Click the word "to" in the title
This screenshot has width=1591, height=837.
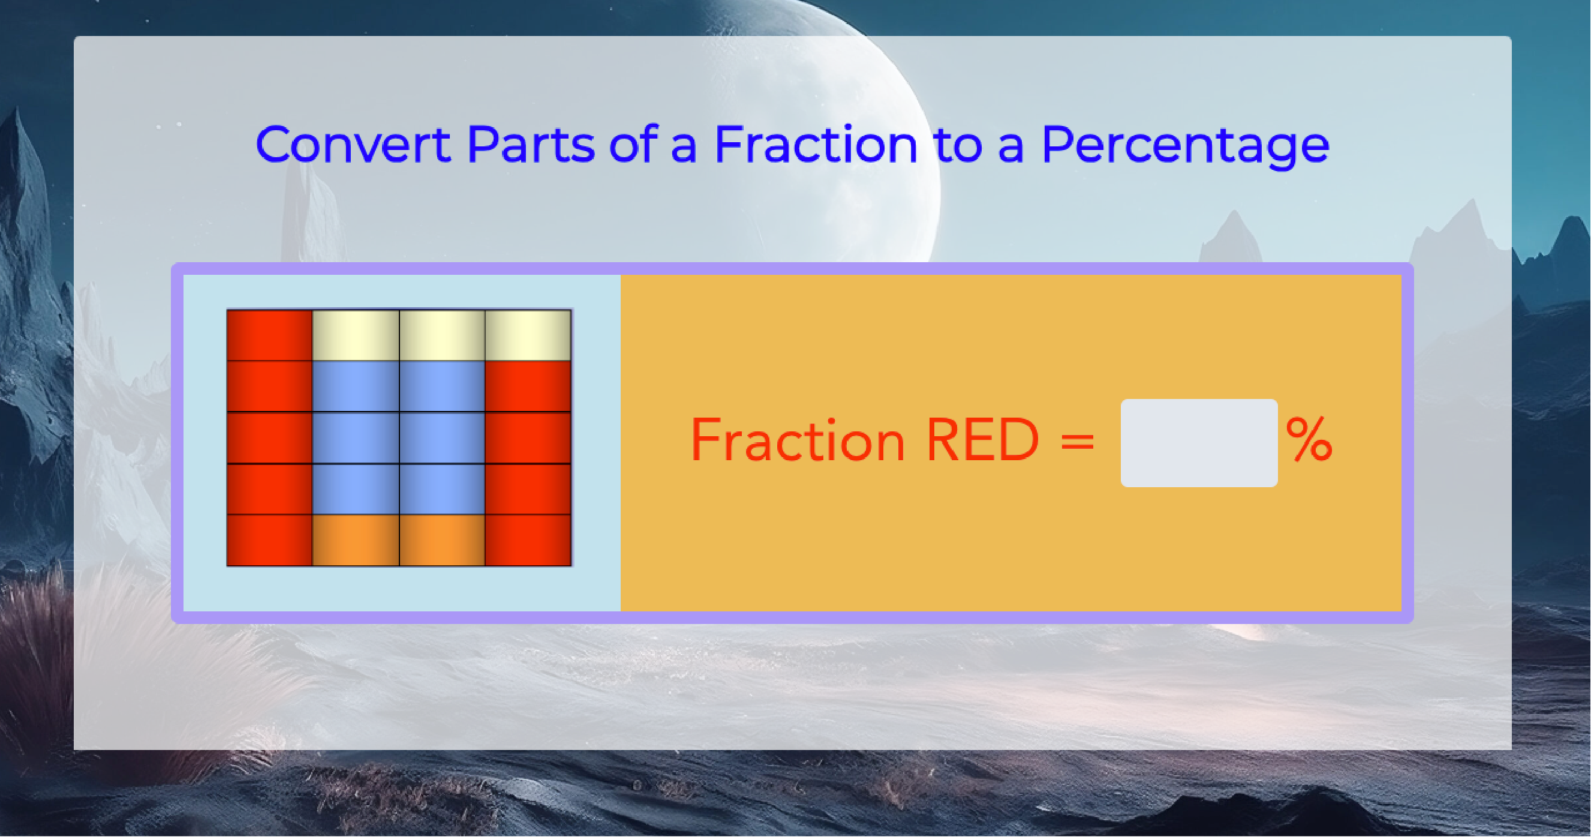[957, 145]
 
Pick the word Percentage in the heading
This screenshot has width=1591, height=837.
[1184, 148]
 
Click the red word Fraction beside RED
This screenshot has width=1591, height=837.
[798, 440]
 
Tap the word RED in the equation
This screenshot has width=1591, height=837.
[983, 440]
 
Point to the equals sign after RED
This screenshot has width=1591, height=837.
[1078, 442]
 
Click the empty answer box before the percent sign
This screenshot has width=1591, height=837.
[1199, 443]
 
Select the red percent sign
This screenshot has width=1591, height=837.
[1309, 439]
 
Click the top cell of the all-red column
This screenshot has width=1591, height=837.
[269, 335]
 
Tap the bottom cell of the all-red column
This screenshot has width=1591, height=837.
[269, 540]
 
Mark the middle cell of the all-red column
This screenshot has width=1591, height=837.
[269, 437]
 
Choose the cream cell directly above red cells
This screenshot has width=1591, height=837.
[528, 335]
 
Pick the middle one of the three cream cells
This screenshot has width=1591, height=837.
[441, 335]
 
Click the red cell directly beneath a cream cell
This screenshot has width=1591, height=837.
[528, 386]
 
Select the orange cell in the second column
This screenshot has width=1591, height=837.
[356, 540]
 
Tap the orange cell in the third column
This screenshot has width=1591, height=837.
[441, 540]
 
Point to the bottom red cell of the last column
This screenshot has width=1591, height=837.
[528, 540]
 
